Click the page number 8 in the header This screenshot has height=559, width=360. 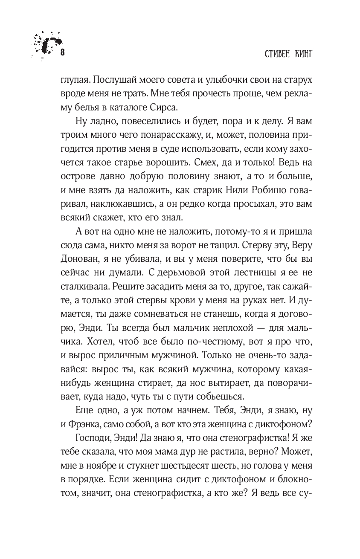[x=63, y=52]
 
